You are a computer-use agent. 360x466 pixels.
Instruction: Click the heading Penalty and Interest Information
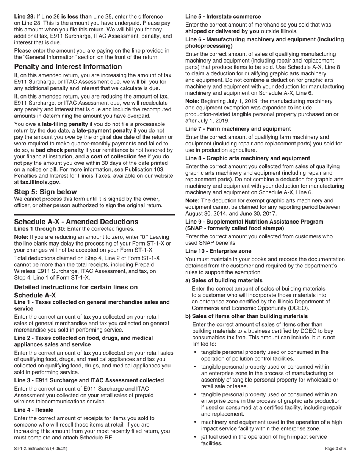pyautogui.click(x=68, y=67)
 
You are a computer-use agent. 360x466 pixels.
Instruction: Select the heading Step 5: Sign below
pyautogui.click(x=45, y=192)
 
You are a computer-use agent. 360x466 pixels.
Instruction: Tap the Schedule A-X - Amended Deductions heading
pyautogui.click(x=76, y=222)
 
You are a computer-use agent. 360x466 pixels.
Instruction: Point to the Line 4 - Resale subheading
pyautogui.click(x=33, y=410)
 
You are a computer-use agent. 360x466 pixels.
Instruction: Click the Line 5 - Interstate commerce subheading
pyautogui.click(x=223, y=17)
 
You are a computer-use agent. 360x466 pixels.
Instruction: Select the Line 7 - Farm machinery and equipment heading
pyautogui.click(x=238, y=129)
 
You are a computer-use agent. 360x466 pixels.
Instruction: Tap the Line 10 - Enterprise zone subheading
pyautogui.click(x=218, y=251)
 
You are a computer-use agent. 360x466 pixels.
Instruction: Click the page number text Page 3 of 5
pyautogui.click(x=335, y=460)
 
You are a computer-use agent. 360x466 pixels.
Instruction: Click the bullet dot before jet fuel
pyautogui.click(x=195, y=437)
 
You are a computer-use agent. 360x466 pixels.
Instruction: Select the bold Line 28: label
pyautogui.click(x=25, y=17)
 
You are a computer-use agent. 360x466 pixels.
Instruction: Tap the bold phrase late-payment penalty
pyautogui.click(x=103, y=131)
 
